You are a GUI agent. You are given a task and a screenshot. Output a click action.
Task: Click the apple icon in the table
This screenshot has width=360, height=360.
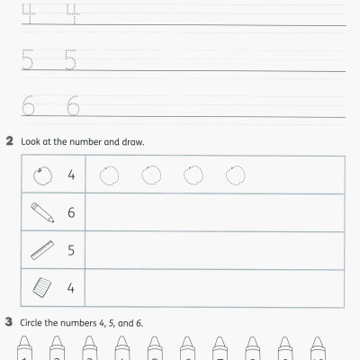41,175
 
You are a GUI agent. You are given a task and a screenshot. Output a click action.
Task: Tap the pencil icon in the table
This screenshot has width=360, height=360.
41,212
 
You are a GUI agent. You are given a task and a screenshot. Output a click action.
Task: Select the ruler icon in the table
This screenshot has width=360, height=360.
41,250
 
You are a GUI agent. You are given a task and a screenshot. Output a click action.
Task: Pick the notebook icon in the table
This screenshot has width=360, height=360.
41,288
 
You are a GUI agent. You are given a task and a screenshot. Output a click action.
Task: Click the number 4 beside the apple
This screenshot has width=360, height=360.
71,175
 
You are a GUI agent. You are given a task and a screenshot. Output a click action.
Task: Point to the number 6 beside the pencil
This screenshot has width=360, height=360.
71,213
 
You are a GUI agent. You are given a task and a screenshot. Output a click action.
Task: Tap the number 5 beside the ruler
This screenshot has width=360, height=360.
71,251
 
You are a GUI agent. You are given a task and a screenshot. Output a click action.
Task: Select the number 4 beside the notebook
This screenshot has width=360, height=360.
71,289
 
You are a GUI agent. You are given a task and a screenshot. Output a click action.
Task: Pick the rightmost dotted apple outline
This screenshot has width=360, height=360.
235,174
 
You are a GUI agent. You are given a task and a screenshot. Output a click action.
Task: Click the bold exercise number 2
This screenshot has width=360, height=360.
9,142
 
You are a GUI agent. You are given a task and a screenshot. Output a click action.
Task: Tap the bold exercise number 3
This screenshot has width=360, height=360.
9,322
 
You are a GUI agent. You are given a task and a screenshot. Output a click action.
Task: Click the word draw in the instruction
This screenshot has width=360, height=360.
132,142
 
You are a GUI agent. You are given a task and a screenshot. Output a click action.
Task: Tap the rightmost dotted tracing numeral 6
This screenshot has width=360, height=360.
72,107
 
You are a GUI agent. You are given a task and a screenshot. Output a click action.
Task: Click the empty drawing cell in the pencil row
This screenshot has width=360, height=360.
214,213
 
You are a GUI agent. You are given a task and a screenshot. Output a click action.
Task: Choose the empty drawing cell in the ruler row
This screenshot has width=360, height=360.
214,251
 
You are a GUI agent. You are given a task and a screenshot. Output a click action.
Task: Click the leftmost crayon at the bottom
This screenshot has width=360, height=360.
25,348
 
